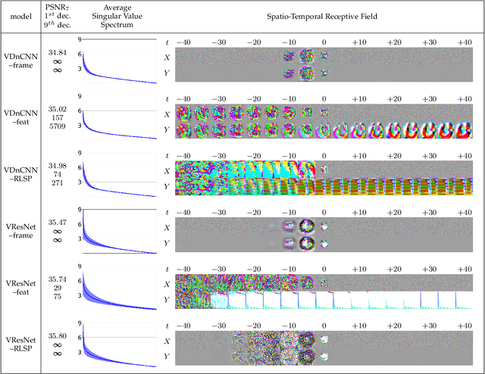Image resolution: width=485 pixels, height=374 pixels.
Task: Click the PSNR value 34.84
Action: click(57, 52)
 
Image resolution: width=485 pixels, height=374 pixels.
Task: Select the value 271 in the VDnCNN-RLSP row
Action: click(57, 182)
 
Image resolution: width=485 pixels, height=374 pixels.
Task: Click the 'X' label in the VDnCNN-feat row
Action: click(167, 112)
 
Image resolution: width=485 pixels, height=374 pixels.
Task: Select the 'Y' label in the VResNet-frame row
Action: click(167, 243)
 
